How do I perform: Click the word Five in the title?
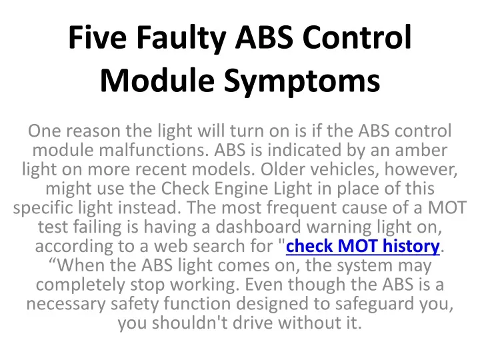[x=97, y=37]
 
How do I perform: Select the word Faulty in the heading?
[x=181, y=40]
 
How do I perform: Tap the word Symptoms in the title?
[x=302, y=82]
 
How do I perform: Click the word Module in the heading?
[x=157, y=79]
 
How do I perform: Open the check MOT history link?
[x=363, y=246]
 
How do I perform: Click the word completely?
[x=80, y=285]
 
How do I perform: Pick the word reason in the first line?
[x=93, y=131]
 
